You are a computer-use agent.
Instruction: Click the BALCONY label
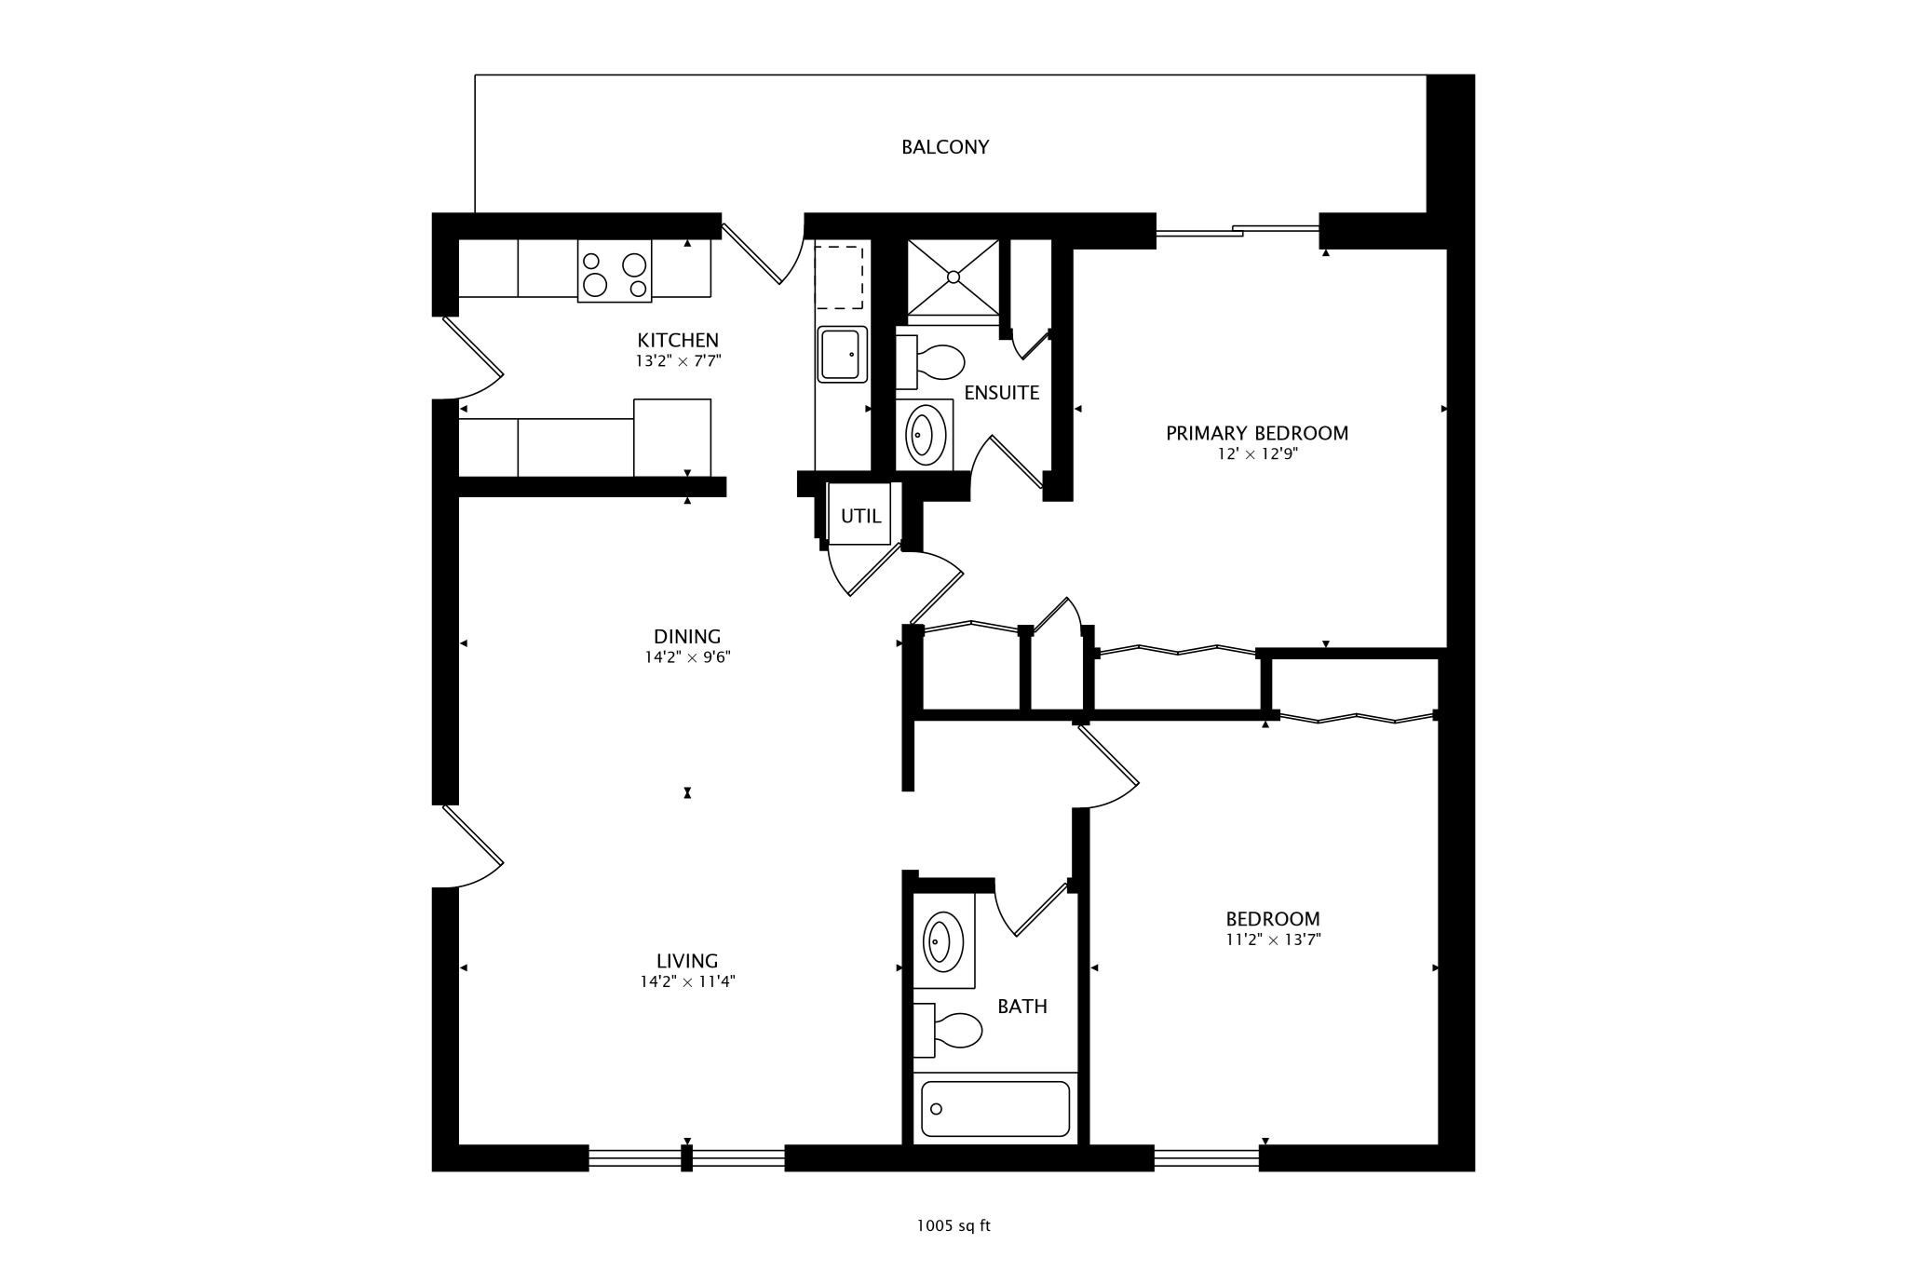pos(944,147)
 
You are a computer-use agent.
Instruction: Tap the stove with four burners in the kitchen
pos(615,271)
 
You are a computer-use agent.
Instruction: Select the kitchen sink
pos(842,354)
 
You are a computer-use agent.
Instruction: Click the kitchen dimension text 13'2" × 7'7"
pos(678,361)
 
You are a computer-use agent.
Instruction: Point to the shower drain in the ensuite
pos(953,277)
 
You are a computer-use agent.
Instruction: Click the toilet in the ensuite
pos(932,362)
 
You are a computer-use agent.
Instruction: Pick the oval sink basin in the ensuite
pos(923,434)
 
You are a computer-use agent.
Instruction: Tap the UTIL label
pos(860,516)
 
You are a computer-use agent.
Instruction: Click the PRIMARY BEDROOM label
pos(1256,433)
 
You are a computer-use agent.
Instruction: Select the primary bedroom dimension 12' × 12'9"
pos(1256,454)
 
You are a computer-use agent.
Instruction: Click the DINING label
pos(687,637)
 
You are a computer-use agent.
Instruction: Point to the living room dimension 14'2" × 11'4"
pos(687,981)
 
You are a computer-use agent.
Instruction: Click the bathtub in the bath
pos(994,1108)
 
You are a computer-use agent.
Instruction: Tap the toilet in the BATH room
pos(951,1031)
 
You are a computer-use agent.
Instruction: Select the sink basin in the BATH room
pos(942,942)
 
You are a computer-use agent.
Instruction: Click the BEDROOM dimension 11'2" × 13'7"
pos(1272,940)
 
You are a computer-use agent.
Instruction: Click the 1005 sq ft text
pos(953,1226)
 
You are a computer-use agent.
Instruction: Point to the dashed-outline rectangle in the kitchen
pos(839,277)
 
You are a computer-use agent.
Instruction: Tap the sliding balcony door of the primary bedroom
pos(1238,230)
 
